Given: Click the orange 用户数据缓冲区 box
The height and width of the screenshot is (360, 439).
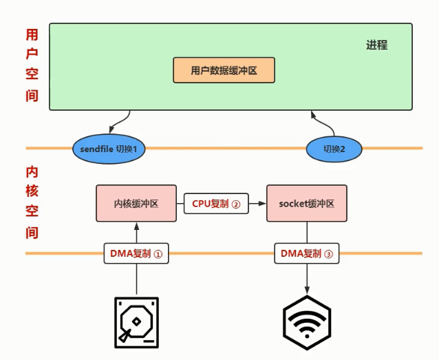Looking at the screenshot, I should [x=224, y=70].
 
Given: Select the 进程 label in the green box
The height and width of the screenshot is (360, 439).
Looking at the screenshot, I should [x=376, y=45].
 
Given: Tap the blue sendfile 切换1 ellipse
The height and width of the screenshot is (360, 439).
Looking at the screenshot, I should [x=109, y=147].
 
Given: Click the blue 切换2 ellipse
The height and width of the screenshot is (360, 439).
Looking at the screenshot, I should [x=334, y=147].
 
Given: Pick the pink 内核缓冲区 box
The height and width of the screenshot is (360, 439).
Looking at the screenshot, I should [x=136, y=204].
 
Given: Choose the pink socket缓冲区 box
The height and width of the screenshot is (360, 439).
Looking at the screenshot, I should [x=306, y=204].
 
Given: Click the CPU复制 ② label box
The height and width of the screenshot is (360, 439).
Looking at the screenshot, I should [x=215, y=204].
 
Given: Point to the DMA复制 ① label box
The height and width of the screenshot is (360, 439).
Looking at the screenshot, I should [x=136, y=253].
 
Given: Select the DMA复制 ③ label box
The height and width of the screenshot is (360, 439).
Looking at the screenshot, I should [x=307, y=253].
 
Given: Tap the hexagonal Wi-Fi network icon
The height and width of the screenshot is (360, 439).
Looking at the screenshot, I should [x=307, y=321].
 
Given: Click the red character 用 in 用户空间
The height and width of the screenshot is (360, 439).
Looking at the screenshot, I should [x=32, y=34].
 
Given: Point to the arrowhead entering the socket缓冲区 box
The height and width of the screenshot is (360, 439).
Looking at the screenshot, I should [x=262, y=204].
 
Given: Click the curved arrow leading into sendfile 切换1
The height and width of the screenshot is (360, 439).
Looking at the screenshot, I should [x=103, y=124].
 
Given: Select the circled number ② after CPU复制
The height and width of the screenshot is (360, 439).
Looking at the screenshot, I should [x=235, y=204].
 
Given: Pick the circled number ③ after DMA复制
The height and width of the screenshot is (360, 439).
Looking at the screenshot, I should [x=328, y=253].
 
